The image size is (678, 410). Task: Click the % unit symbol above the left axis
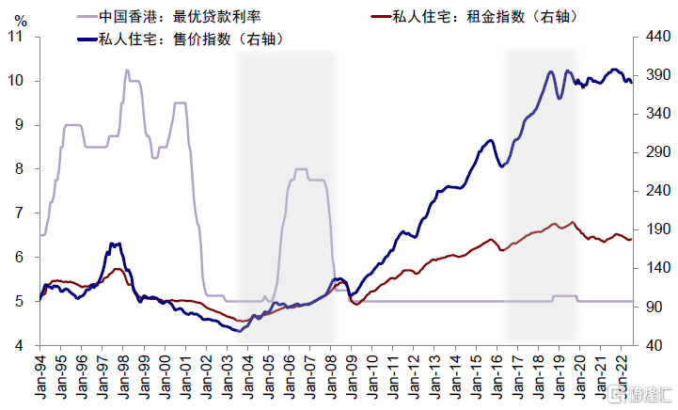[22, 18]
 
